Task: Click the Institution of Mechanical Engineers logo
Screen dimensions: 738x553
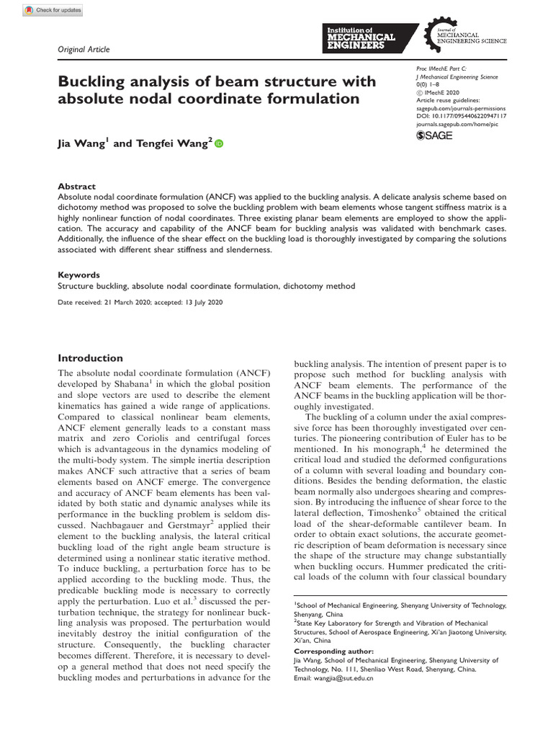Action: click(369, 35)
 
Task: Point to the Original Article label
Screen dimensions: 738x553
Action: click(84, 49)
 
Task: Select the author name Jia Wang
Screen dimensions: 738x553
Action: click(81, 144)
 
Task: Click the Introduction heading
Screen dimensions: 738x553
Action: click(90, 358)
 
